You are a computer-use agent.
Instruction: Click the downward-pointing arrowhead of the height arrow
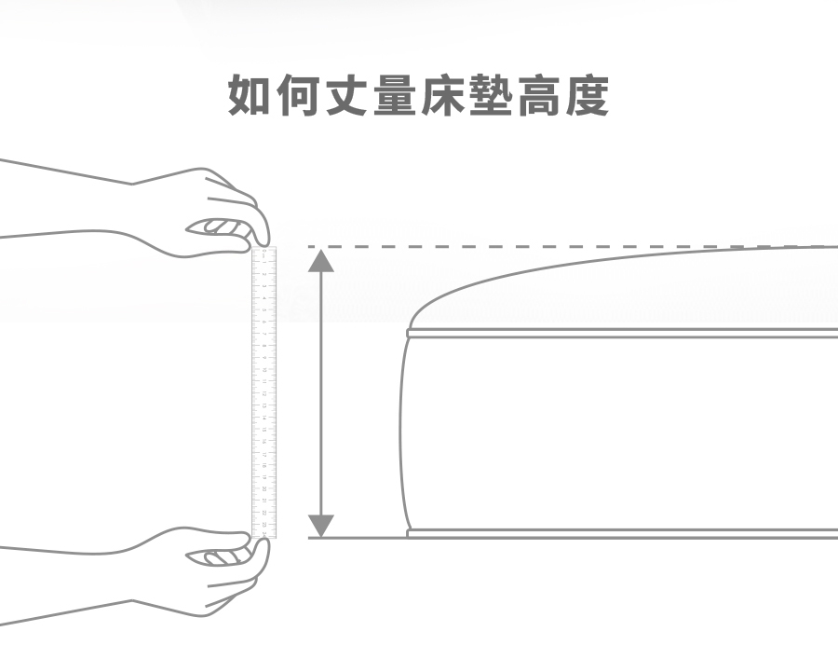321,526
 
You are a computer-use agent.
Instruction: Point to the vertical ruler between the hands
264,391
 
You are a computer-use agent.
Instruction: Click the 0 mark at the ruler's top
265,253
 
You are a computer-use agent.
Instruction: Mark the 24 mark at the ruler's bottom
265,534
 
